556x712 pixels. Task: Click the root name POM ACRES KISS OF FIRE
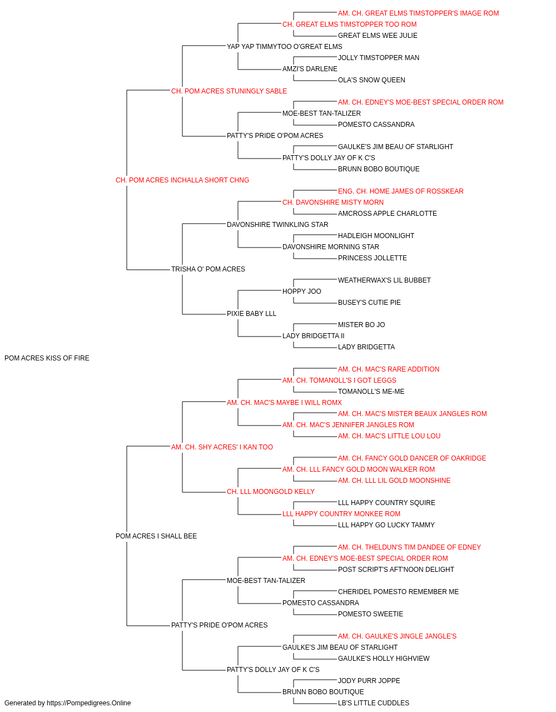47,358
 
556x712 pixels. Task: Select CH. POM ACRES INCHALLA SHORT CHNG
182,180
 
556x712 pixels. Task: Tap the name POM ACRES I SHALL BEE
156,536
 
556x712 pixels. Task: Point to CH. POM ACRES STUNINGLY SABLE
229,91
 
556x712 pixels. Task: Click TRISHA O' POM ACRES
208,269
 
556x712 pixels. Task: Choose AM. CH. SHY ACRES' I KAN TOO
222,447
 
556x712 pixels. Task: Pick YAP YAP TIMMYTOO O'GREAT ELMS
285,47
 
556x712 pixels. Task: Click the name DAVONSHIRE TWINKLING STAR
277,224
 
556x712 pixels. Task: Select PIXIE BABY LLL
251,314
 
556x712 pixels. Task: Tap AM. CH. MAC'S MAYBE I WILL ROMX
284,403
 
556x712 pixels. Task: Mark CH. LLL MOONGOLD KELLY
270,492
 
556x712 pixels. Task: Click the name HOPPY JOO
301,291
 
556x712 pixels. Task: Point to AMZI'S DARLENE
310,69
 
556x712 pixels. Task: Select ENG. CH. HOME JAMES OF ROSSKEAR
400,191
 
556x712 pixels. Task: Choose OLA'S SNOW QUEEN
371,80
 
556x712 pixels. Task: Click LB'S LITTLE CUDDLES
373,703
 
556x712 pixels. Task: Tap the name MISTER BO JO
361,325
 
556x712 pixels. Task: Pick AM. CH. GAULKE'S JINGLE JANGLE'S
397,636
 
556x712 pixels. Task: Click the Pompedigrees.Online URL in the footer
89,703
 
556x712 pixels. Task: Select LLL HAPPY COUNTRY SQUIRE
386,503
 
